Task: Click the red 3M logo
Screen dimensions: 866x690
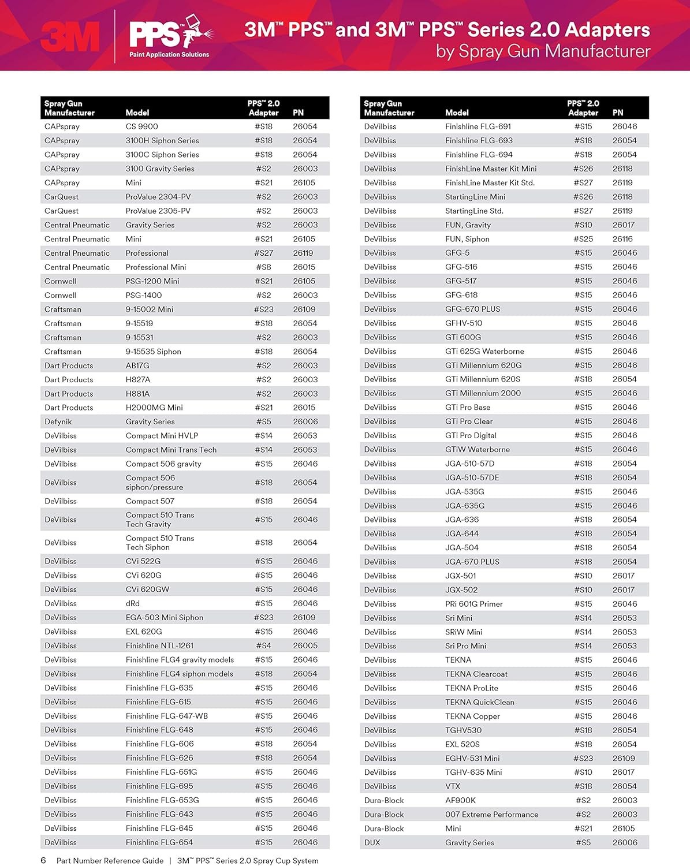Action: (70, 37)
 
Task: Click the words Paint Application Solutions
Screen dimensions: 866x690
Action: (169, 55)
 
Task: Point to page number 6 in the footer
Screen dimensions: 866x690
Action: (43, 860)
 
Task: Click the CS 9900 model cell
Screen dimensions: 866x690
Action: (141, 126)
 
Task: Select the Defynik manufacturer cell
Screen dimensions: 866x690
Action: (58, 421)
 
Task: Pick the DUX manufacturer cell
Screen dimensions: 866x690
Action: (372, 842)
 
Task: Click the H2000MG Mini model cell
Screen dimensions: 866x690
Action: (154, 408)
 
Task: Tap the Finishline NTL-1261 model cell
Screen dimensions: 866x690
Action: (159, 645)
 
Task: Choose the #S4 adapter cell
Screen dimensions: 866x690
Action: (263, 645)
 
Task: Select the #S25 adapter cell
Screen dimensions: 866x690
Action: (583, 239)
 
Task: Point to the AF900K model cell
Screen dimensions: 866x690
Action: (461, 800)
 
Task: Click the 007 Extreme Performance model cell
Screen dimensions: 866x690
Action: (491, 815)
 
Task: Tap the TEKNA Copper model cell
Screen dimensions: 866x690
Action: (472, 716)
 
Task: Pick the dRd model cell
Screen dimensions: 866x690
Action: (133, 603)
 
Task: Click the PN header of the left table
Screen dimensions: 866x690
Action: (298, 113)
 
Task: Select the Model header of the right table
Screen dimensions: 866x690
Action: (457, 113)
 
